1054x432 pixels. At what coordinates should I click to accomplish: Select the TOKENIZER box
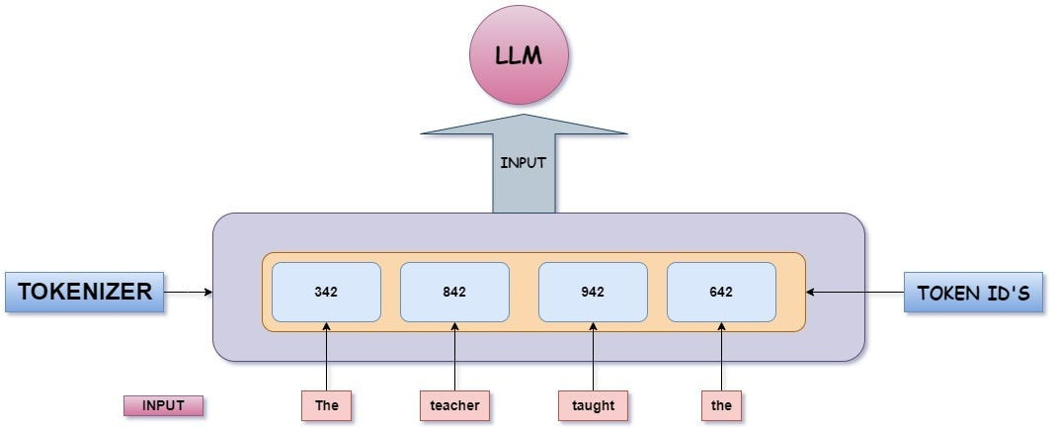tap(84, 292)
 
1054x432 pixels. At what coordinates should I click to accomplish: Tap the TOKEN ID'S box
tap(973, 293)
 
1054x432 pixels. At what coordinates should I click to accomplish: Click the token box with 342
tap(326, 292)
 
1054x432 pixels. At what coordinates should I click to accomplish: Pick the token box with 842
tap(454, 292)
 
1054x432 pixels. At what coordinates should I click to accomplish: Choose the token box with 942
tap(593, 292)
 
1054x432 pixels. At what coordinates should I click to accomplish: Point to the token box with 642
tap(721, 292)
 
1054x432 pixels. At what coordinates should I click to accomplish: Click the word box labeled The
tap(326, 405)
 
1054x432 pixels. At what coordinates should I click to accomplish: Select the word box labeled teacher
tap(454, 405)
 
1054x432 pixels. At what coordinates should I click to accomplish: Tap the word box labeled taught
tap(593, 405)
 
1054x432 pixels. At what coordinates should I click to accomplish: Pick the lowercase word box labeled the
tap(721, 405)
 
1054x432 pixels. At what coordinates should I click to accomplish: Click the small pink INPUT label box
tap(163, 405)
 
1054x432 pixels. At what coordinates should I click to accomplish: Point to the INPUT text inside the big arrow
tap(524, 163)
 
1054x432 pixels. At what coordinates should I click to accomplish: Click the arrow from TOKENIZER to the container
tap(188, 292)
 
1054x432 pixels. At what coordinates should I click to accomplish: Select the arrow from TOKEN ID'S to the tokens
tap(854, 292)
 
